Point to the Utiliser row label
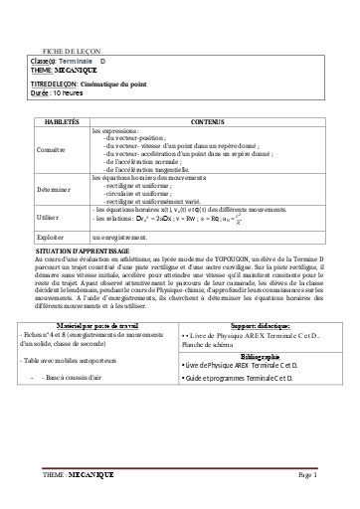47,214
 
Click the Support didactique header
255,324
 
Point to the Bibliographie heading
255,355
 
